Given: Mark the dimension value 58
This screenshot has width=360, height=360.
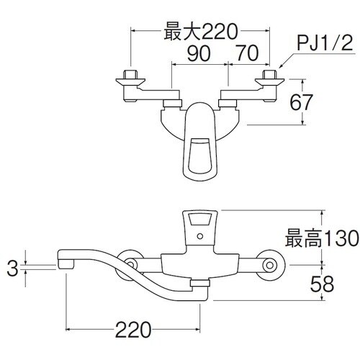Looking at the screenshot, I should pos(323,283).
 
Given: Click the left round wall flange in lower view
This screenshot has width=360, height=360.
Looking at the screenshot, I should pos(132,264).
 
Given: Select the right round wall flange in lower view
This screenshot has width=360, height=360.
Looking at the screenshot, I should pos(270,264).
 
